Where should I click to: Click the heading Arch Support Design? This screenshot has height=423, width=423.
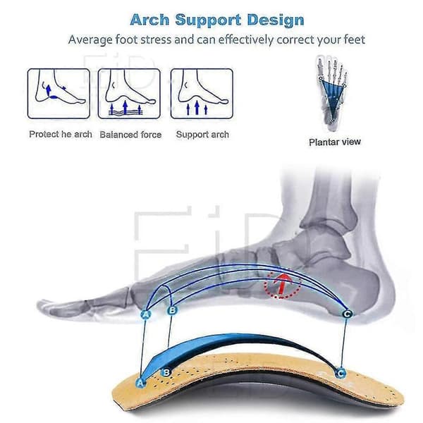(217, 20)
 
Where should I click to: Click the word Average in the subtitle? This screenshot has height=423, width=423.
(90, 39)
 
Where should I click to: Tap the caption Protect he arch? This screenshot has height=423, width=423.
(61, 135)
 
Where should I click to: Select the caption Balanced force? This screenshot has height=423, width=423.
(130, 135)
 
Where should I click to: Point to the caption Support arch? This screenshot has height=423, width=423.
(202, 135)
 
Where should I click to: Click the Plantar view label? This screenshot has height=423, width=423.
(334, 142)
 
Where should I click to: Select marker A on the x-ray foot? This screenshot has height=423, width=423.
(146, 314)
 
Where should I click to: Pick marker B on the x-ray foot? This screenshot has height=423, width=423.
(172, 310)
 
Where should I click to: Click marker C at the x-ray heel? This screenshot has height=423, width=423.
(347, 314)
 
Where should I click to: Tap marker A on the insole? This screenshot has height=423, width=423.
(140, 383)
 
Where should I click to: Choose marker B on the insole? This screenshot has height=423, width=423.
(166, 372)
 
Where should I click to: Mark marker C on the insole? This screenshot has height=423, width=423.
(341, 374)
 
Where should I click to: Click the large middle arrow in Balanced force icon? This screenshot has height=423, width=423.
(125, 107)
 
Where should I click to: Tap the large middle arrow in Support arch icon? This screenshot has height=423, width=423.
(197, 107)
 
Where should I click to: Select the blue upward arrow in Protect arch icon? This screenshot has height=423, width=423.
(49, 90)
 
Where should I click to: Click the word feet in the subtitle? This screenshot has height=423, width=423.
(355, 39)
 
